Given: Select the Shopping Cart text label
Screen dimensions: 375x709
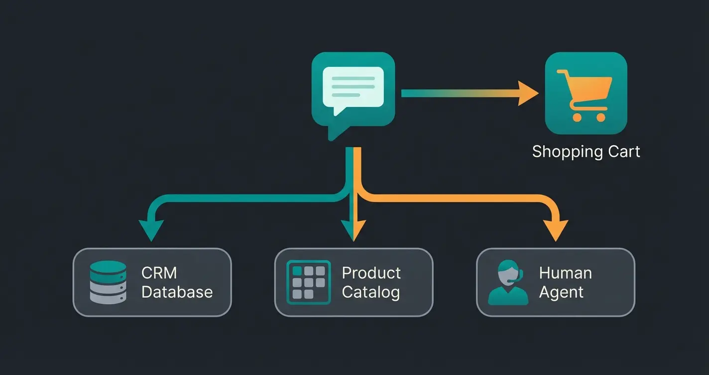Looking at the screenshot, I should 586,152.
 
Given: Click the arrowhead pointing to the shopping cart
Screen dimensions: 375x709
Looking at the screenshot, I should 528,93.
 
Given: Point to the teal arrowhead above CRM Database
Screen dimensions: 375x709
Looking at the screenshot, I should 150,230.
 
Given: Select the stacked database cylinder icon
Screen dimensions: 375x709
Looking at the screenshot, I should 108,282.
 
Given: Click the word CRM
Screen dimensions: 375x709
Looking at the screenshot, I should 159,273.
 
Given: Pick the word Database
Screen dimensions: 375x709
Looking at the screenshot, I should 177,292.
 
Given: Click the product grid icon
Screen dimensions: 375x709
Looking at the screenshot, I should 309,282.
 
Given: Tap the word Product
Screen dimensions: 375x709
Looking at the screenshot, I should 371,273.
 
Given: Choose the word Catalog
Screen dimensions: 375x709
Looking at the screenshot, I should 370,292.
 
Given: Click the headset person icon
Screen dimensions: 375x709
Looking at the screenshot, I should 508,283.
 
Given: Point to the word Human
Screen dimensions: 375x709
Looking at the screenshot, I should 565,273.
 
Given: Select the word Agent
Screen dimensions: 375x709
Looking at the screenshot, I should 561,292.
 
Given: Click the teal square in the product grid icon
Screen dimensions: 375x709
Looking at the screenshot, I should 297,271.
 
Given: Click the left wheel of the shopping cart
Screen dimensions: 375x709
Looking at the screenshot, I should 577,118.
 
